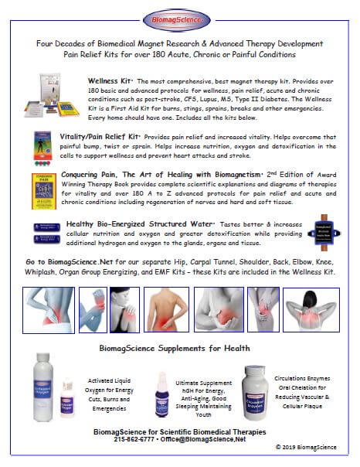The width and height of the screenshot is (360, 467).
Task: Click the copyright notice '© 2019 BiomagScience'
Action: [306, 446]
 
